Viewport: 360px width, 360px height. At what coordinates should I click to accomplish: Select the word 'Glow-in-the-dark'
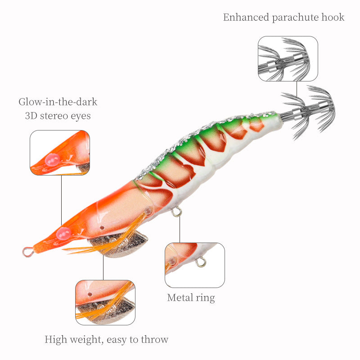[58, 102]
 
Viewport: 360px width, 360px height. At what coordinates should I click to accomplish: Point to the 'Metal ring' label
[191, 297]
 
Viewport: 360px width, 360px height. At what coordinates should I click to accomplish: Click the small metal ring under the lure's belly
[176, 211]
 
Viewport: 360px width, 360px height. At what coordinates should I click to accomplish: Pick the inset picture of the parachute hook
[288, 58]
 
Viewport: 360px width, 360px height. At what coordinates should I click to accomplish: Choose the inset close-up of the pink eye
[60, 153]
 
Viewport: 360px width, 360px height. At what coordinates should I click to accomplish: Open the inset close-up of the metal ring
[194, 265]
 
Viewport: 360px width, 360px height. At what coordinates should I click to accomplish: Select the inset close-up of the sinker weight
[105, 302]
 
